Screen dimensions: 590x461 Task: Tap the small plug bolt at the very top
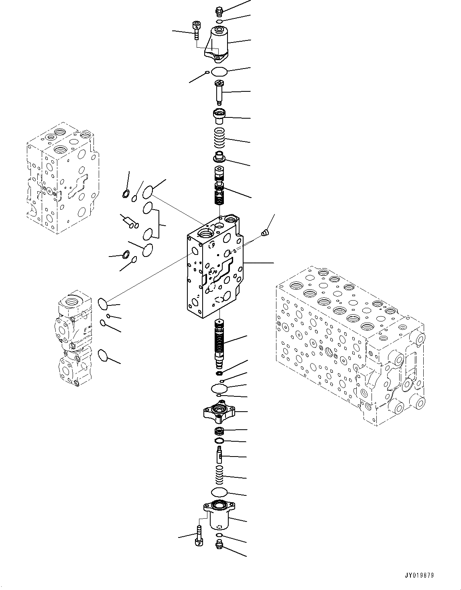219,10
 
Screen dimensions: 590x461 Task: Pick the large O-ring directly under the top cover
219,72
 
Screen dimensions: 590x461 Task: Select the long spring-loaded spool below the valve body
219,343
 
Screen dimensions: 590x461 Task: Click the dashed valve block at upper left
60,176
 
